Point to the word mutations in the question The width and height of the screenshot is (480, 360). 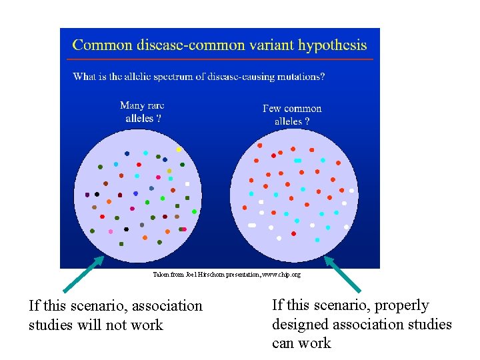click(297, 76)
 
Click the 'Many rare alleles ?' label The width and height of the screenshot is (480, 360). click(142, 111)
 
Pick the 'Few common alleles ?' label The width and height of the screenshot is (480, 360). click(292, 115)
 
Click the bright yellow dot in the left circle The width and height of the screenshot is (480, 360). click(179, 149)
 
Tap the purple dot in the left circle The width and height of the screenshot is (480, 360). click(87, 195)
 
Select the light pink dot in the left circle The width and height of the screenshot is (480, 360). click(111, 231)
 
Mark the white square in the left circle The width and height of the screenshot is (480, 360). click(187, 183)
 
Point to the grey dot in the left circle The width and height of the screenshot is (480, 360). click(95, 207)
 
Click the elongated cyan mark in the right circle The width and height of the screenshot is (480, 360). click(298, 161)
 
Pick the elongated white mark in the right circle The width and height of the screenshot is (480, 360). click(252, 225)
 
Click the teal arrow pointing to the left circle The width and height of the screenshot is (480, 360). click(83, 274)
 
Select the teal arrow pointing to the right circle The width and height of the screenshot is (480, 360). click(342, 274)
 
